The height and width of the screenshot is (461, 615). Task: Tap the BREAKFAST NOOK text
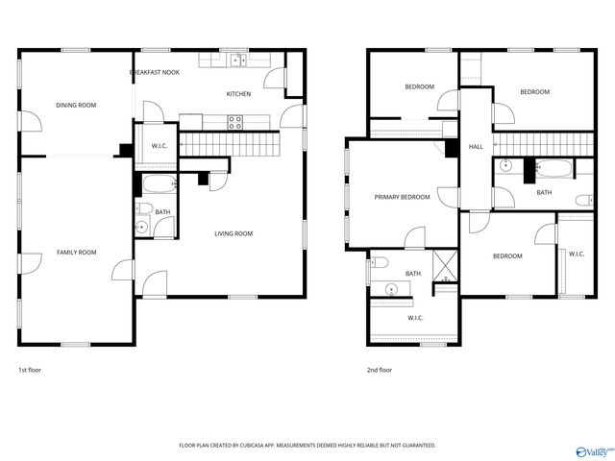click(x=155, y=72)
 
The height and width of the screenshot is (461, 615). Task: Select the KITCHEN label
click(x=238, y=94)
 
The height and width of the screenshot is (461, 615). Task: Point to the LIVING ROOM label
click(x=233, y=233)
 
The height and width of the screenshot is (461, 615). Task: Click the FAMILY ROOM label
click(x=76, y=253)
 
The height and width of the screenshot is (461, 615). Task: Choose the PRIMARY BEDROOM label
click(x=402, y=197)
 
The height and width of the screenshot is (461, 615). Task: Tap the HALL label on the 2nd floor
click(x=476, y=147)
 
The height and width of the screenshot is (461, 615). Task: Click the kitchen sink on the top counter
click(x=237, y=60)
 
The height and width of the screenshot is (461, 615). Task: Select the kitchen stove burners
click(x=234, y=121)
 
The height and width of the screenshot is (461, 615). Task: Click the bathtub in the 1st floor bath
click(x=156, y=182)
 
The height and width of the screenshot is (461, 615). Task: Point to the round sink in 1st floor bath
click(x=141, y=228)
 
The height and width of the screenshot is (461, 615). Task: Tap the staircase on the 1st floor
click(x=229, y=145)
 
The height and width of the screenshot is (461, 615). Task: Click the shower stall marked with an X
click(x=444, y=264)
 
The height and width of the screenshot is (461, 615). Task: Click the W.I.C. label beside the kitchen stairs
click(x=160, y=147)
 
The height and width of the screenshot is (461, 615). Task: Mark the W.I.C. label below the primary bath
click(x=415, y=318)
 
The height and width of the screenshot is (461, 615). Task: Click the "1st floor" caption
click(x=30, y=370)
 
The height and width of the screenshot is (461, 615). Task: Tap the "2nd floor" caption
click(x=379, y=370)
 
